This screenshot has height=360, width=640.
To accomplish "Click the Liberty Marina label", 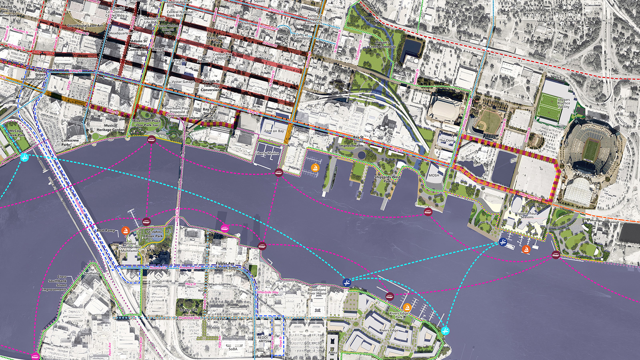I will (267, 153).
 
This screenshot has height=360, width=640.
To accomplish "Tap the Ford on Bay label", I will (274, 131).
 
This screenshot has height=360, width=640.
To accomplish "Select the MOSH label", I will (434, 175).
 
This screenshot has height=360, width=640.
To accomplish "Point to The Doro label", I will (447, 141).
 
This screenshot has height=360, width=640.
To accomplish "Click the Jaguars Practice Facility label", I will (564, 103).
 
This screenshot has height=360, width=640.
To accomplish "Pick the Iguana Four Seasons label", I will (527, 215).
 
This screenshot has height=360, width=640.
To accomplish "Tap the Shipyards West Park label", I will (387, 179).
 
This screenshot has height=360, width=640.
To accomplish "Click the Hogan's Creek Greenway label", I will (382, 44).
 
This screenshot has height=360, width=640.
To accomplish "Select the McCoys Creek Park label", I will (16, 133).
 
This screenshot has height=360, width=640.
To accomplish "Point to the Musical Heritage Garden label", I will (110, 128).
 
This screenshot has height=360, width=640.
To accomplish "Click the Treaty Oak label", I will (188, 310).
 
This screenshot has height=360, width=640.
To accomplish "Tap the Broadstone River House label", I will (317, 292).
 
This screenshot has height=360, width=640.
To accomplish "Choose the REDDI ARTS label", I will (263, 339).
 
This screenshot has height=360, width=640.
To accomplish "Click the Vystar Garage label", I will (183, 82).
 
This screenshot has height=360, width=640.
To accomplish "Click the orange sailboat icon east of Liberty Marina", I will (316, 168).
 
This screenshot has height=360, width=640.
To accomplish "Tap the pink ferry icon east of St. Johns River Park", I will (225, 228).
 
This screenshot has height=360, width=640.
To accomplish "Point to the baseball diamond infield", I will (487, 120).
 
